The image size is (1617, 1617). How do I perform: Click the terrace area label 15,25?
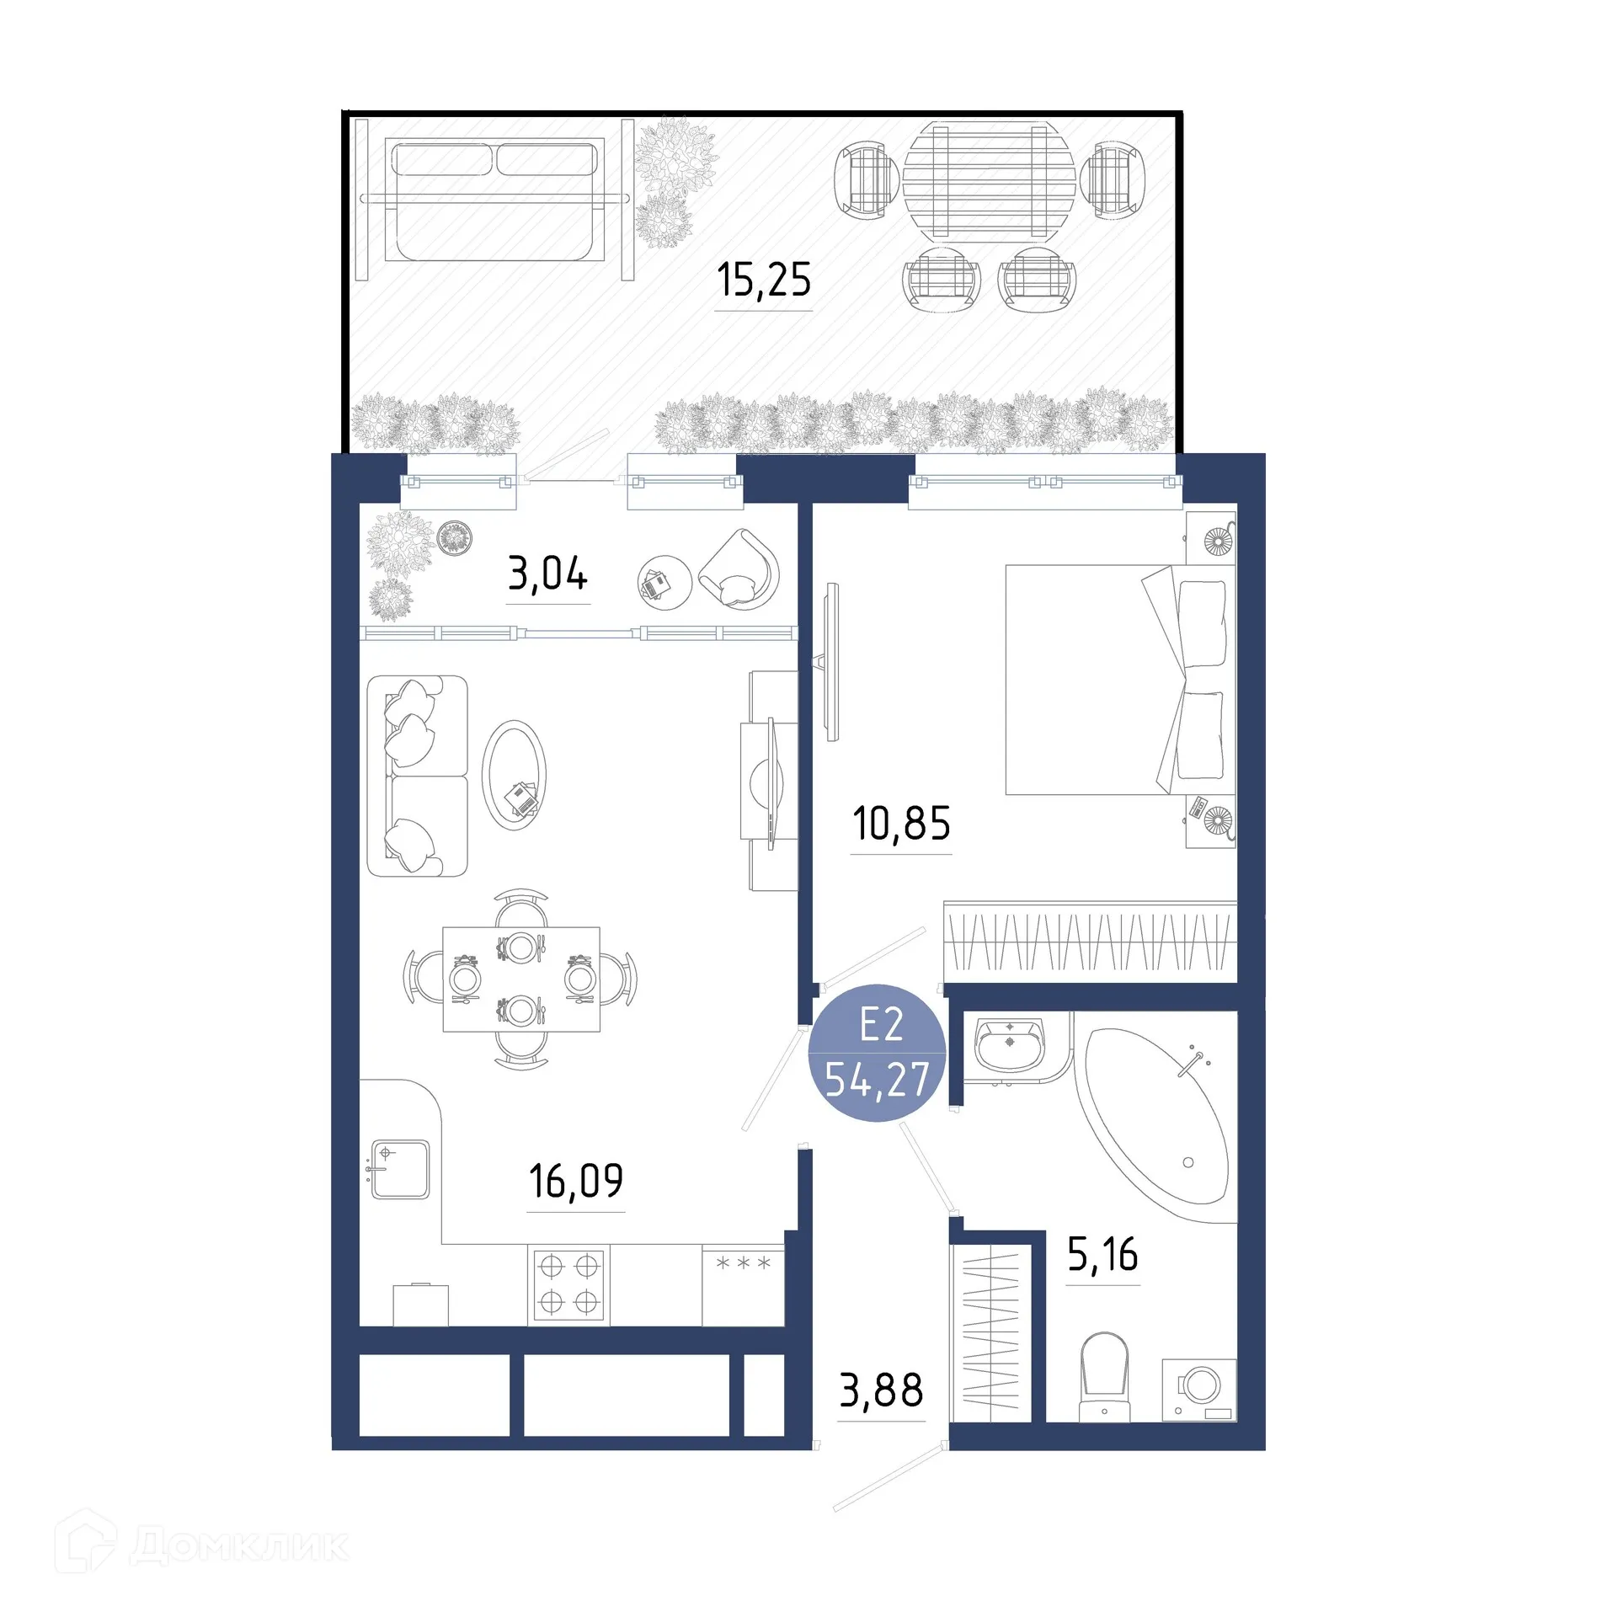764,280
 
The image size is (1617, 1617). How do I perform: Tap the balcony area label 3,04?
547,574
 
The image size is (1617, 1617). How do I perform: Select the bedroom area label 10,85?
901,824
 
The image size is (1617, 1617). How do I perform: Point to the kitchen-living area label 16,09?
576,1181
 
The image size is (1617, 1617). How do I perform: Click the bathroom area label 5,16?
1102,1255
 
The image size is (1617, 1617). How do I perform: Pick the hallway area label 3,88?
881,1390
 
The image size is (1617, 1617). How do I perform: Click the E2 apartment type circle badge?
878,1053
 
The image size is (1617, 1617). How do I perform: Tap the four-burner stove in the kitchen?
568,1284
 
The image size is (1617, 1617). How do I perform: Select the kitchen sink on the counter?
400,1169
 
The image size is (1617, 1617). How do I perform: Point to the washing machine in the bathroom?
1199,1390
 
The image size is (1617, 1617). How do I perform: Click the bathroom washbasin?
1010,1044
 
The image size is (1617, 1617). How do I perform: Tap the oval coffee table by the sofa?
514,775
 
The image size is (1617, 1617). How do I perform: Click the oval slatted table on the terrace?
990,179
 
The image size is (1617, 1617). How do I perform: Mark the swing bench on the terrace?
495,200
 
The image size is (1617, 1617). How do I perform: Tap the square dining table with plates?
521,979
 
